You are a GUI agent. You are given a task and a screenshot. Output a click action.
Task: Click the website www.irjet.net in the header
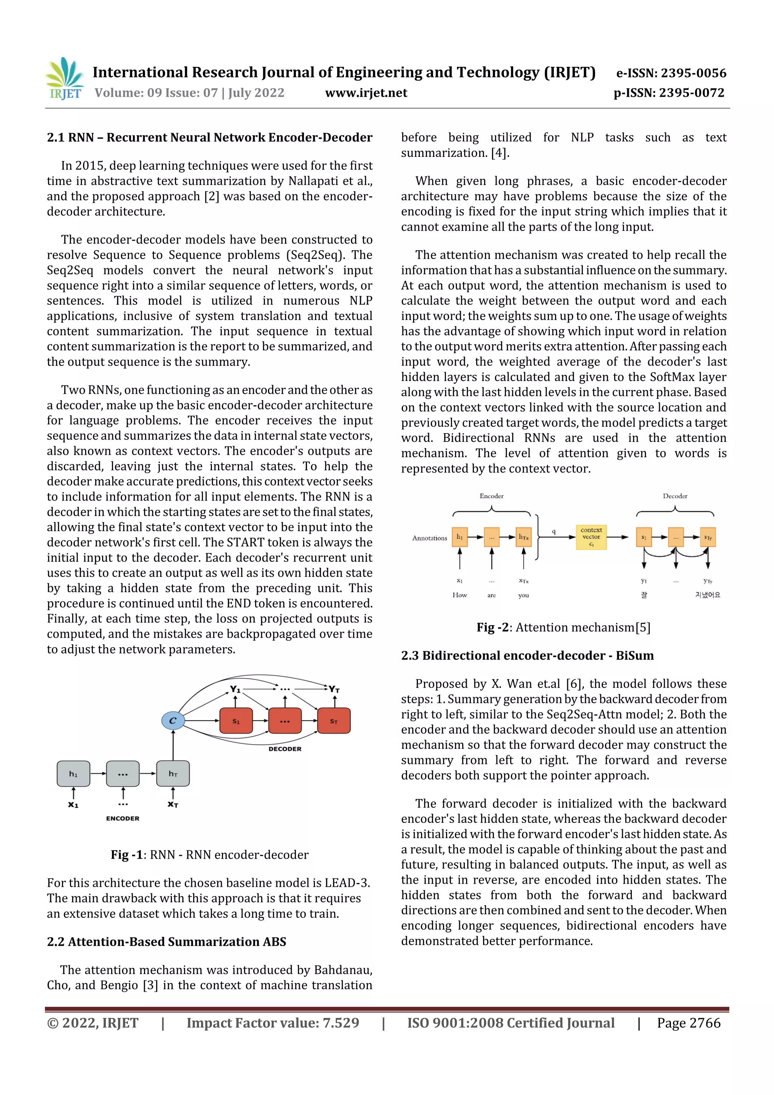[366, 93]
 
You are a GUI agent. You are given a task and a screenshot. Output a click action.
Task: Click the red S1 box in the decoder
[235, 721]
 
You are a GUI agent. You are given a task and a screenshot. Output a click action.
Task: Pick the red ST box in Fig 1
[333, 721]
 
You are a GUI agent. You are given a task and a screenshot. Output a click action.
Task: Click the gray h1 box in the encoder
[73, 773]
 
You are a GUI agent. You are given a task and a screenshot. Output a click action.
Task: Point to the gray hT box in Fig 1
[173, 773]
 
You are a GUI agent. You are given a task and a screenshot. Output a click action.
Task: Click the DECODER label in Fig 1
[285, 749]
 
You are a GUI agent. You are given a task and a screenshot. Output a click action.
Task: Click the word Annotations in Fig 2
[429, 538]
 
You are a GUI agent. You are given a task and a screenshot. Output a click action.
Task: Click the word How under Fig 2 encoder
[459, 595]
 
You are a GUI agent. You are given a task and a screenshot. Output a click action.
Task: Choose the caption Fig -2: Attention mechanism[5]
[563, 627]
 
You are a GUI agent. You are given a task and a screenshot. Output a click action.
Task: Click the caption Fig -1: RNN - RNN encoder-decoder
[209, 855]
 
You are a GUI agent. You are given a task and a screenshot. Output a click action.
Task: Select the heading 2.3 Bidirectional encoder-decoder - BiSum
[527, 655]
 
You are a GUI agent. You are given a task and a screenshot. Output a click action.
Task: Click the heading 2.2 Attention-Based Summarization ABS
[166, 942]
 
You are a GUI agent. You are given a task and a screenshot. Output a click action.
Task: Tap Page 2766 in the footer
[688, 1022]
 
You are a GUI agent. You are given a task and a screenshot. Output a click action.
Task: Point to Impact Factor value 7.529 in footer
[272, 1022]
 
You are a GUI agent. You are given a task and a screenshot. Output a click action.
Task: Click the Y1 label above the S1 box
[235, 689]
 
